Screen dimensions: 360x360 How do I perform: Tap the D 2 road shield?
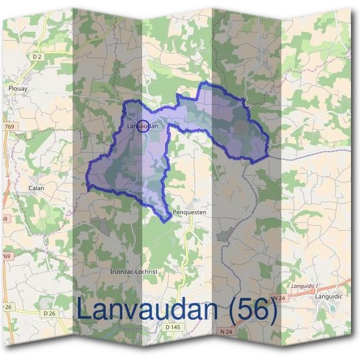coord(38,56)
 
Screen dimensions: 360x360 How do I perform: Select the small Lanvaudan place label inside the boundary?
coord(143,126)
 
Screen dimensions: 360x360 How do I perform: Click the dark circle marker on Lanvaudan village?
coord(143,126)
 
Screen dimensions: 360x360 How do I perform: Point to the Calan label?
coord(36,188)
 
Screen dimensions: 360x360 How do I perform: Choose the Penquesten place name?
coord(189,212)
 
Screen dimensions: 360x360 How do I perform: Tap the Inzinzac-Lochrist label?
coord(134,271)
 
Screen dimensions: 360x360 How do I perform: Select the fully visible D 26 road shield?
coord(49,313)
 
